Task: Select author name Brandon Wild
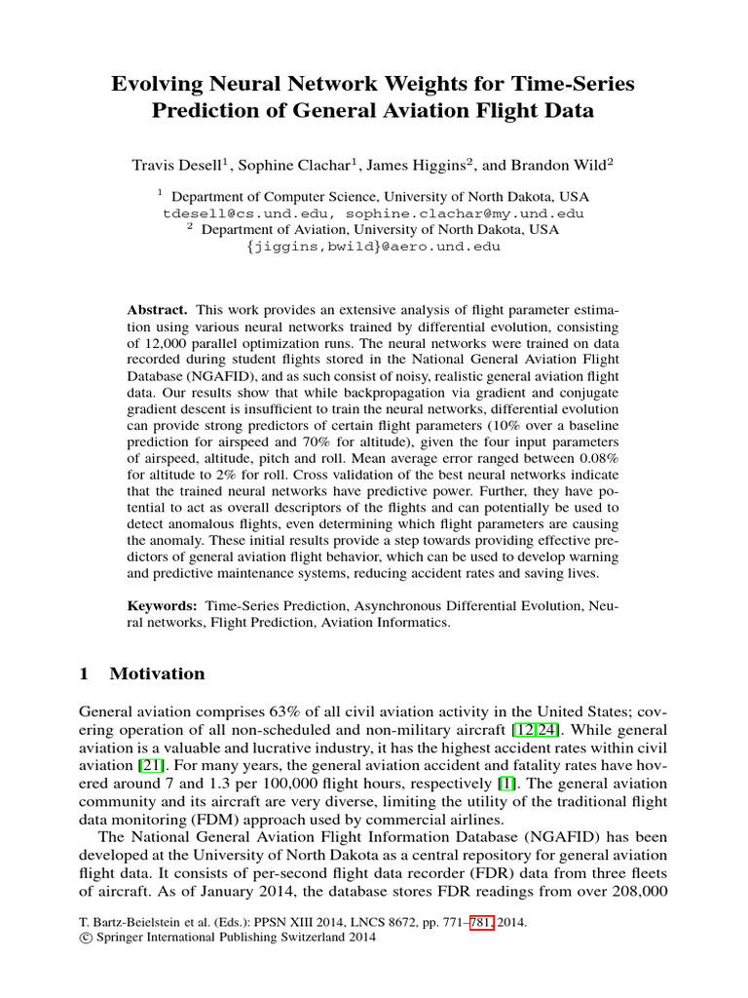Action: pyautogui.click(x=554, y=165)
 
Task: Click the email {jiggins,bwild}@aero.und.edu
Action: pyautogui.click(x=374, y=247)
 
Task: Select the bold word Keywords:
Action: pyautogui.click(x=164, y=606)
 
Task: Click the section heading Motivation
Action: pyautogui.click(x=157, y=673)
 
